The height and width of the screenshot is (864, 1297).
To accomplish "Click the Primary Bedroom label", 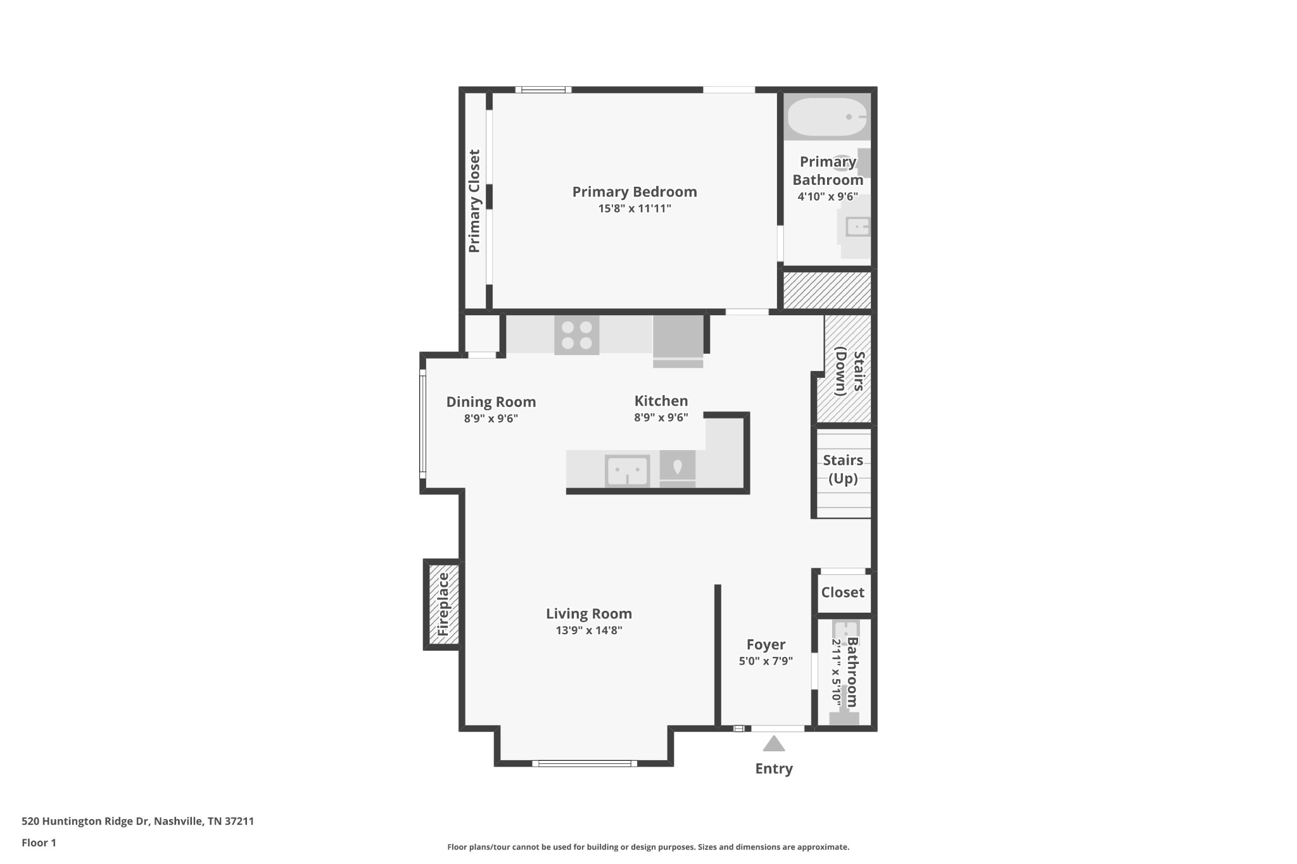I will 634,192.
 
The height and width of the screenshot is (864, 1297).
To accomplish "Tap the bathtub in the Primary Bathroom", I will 826,117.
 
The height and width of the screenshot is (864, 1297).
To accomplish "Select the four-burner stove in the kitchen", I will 576,335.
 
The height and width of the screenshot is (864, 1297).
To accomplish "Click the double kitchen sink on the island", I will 627,471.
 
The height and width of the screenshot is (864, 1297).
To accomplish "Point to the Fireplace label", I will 443,604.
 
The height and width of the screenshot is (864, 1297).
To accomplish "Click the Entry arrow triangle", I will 773,744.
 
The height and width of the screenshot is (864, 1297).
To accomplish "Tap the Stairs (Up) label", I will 843,469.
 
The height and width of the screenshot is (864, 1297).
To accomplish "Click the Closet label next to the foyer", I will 842,592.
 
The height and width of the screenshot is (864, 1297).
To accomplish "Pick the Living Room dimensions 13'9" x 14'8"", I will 589,630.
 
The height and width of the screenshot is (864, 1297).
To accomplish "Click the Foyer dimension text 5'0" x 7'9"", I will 766,661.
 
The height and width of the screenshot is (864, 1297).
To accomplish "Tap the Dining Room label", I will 491,402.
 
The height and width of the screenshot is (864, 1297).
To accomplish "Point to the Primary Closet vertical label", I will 474,201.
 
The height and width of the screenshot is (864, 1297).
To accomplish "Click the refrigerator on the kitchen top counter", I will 678,342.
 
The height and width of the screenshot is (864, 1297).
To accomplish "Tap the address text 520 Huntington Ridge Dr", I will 137,821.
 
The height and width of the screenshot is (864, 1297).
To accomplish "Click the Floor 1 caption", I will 39,842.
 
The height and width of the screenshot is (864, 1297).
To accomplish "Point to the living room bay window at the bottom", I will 585,763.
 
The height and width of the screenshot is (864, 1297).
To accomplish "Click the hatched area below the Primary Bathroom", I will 827,291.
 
